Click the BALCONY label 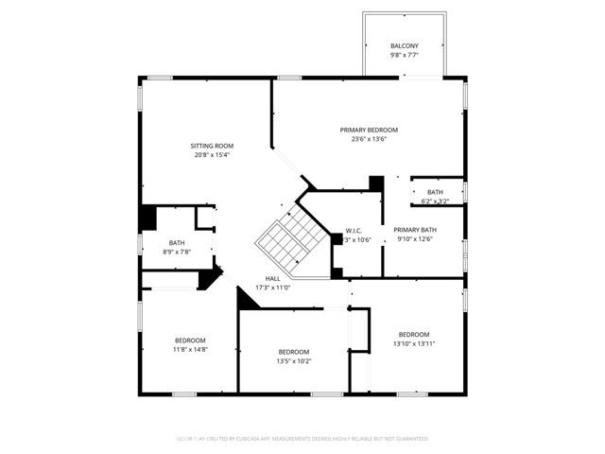404,46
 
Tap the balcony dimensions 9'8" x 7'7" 404,56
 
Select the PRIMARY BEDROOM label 369,130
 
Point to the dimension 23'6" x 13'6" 369,139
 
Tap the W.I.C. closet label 354,231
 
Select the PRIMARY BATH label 415,230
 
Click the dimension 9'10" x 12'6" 415,239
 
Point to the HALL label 272,278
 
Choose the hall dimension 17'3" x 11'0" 272,288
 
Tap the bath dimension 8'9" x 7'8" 177,252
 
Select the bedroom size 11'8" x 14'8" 190,349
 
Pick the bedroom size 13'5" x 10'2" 294,361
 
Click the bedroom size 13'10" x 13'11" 414,343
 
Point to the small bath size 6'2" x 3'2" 435,201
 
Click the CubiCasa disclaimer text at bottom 302,439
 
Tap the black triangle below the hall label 248,299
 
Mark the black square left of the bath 147,217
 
